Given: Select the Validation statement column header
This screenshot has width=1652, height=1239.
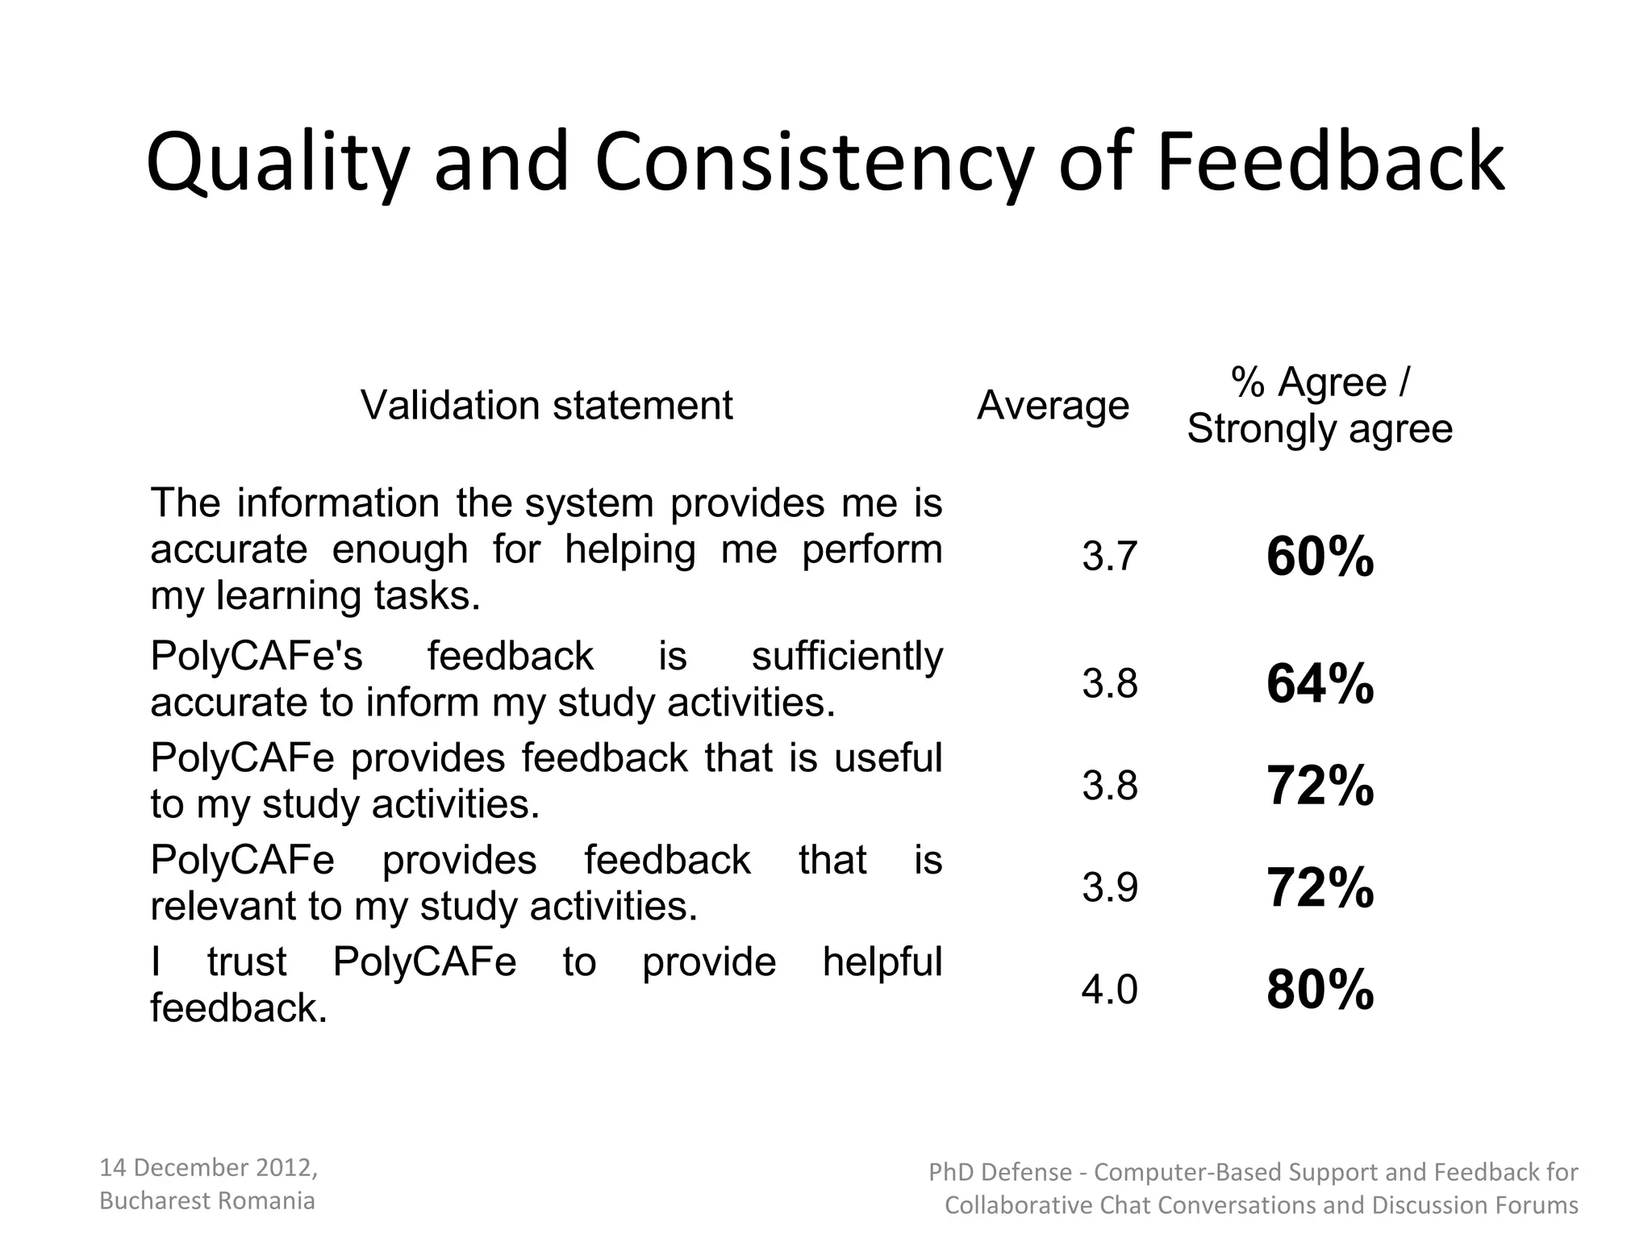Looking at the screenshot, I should tap(546, 405).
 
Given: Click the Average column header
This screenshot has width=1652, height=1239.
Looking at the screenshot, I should tap(1053, 405).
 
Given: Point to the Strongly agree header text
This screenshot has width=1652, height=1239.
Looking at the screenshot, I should tap(1320, 428).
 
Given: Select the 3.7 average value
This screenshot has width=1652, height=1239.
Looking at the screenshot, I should tap(1109, 557).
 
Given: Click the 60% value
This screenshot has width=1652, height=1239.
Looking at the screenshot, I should tap(1320, 557).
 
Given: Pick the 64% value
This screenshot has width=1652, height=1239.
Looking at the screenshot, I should tap(1320, 684).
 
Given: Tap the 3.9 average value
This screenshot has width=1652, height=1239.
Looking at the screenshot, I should tap(1109, 887).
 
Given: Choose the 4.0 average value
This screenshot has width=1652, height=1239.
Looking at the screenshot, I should tap(1109, 990).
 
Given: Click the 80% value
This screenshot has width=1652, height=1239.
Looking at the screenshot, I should tap(1320, 990).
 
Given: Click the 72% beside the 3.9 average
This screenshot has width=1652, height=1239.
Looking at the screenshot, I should tap(1320, 887).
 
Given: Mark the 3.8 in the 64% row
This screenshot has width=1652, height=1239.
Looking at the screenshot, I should tap(1109, 684).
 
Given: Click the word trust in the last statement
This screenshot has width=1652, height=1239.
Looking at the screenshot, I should tap(246, 962).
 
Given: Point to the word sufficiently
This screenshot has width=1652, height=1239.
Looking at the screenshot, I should tap(846, 656).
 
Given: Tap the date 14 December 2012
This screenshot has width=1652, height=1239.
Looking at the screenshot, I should tap(207, 1167).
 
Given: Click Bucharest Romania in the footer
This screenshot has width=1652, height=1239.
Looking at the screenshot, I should tap(206, 1201).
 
